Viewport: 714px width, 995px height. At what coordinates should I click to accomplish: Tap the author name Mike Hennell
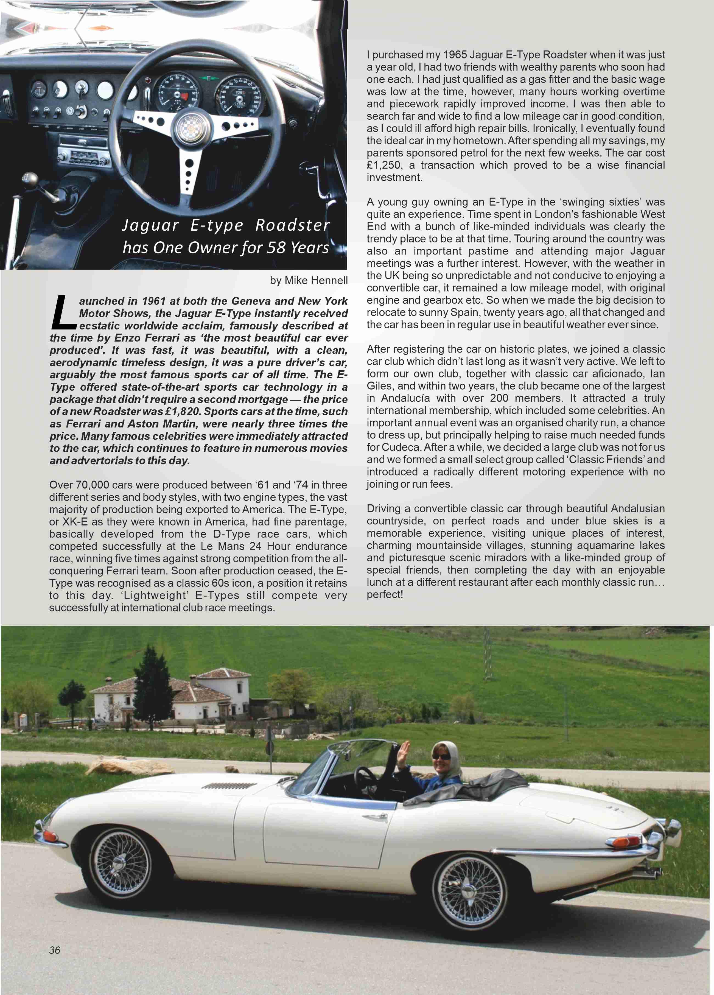316,280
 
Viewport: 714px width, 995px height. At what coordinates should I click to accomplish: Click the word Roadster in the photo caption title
292,225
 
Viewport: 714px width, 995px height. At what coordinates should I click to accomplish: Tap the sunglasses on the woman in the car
441,757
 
